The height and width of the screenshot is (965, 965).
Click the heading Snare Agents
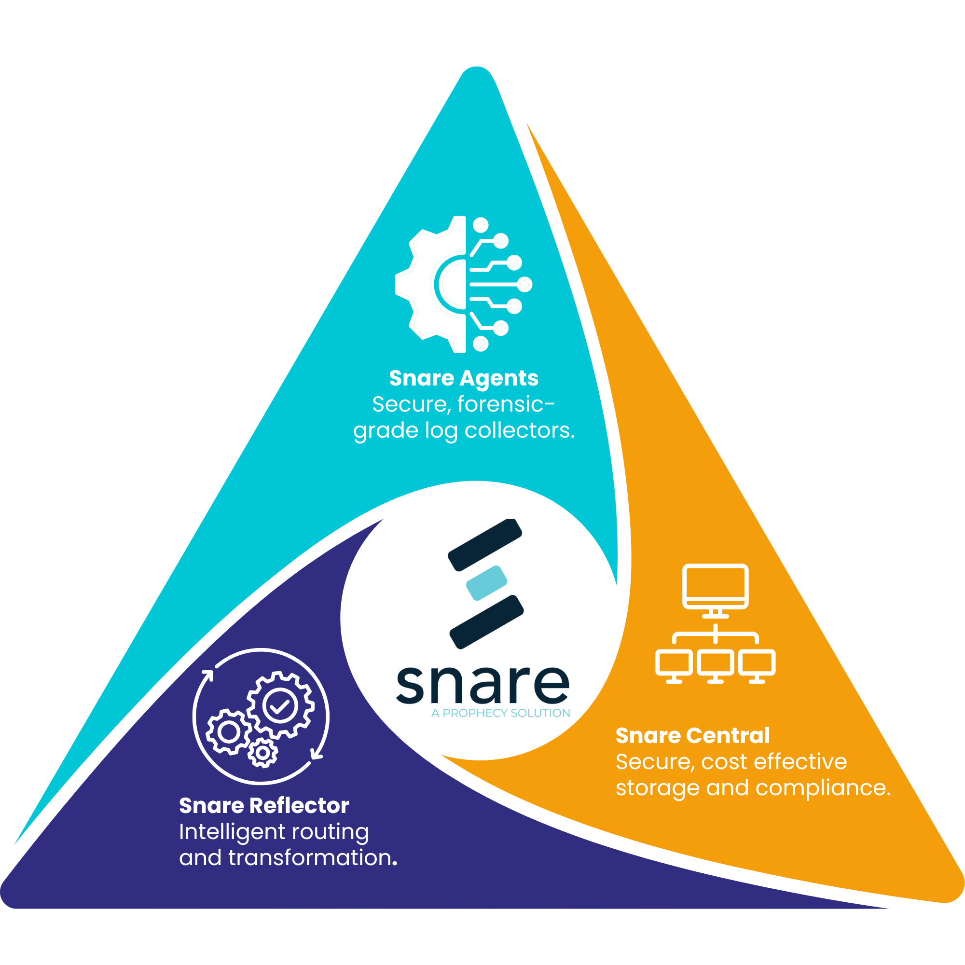coord(464,378)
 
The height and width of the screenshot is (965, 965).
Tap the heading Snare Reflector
coord(264,806)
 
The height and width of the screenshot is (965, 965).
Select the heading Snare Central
coord(692,736)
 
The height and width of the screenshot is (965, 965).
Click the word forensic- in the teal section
coord(506,404)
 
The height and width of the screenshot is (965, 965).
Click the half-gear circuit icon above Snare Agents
coord(464,284)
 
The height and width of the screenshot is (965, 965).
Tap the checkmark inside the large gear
coord(280,706)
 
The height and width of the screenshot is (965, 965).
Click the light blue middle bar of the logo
coord(486,583)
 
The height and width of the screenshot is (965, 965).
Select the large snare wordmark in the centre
coord(482,685)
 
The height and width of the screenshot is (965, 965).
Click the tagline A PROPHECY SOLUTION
coord(500,713)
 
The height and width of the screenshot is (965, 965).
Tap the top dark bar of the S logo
coord(484,544)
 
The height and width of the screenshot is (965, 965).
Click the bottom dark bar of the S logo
coord(486,622)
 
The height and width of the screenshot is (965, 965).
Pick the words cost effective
coord(774,762)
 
